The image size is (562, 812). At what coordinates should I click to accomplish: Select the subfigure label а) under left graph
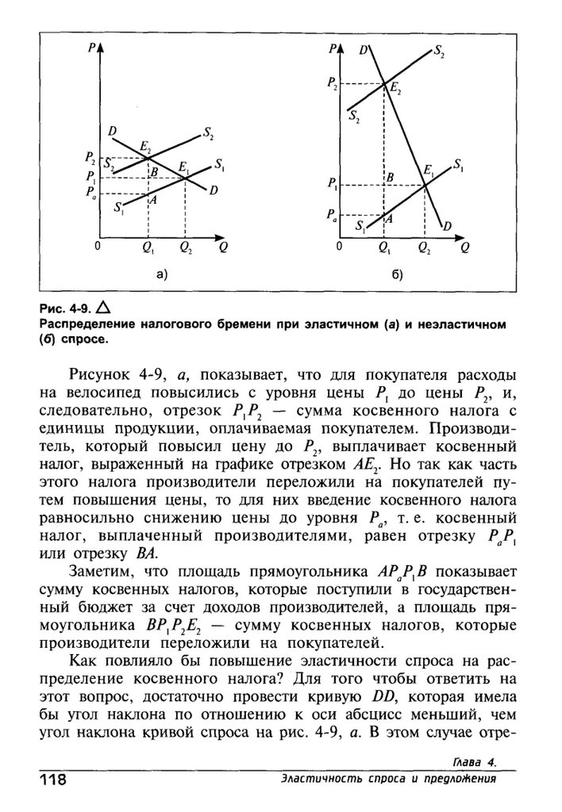pos(161,275)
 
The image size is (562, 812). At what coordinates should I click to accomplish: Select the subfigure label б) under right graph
pos(397,275)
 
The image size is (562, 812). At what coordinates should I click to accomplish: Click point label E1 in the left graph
pos(184,167)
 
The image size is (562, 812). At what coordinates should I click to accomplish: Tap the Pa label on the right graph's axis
pos(330,214)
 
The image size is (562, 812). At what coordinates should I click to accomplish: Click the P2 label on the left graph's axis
pos(91,158)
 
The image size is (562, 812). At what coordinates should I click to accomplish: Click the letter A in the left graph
pos(152,201)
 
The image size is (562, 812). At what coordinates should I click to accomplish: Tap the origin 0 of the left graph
pos(98,247)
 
